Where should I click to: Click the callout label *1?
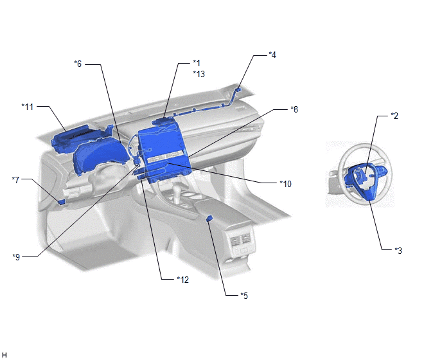[x=197, y=63]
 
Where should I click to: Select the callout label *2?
[x=394, y=116]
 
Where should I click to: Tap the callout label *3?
[x=398, y=250]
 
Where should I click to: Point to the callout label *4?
[x=272, y=55]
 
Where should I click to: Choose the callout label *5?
[x=244, y=296]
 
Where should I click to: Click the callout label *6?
[x=78, y=64]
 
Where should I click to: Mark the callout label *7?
[x=16, y=180]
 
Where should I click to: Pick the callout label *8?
[x=294, y=109]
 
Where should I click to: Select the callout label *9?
[x=16, y=257]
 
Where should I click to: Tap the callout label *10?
[x=285, y=184]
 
